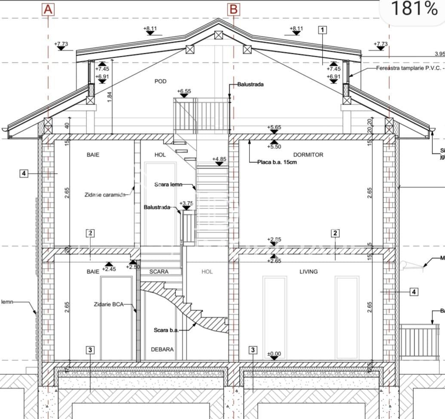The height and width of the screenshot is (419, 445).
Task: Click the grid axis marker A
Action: [x=48, y=9]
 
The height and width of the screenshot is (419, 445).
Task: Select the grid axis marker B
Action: [x=233, y=9]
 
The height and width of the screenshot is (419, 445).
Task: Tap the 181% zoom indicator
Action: [x=413, y=9]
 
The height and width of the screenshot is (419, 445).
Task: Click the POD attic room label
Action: [x=160, y=81]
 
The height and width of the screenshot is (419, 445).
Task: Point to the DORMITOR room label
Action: [x=308, y=155]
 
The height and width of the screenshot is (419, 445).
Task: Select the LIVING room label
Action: [x=308, y=272]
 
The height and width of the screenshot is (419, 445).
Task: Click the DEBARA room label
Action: [x=162, y=349]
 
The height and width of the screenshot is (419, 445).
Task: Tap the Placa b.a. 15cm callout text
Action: [x=277, y=162]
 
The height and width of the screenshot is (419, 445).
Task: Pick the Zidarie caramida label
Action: [x=105, y=195]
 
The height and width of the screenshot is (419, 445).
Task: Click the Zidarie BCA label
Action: [x=108, y=304]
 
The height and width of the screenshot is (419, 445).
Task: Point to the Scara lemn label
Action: [x=168, y=184]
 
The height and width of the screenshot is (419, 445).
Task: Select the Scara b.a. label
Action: [x=166, y=330]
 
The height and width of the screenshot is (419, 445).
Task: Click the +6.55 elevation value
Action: [x=184, y=91]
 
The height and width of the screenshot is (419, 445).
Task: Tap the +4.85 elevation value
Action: [x=219, y=159]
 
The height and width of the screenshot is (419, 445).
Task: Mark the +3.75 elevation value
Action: [x=186, y=203]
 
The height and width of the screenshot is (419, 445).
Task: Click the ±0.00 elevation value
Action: [x=274, y=354]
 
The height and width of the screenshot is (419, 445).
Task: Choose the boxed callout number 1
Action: [x=322, y=30]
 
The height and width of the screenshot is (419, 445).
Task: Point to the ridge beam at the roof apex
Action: [x=219, y=35]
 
